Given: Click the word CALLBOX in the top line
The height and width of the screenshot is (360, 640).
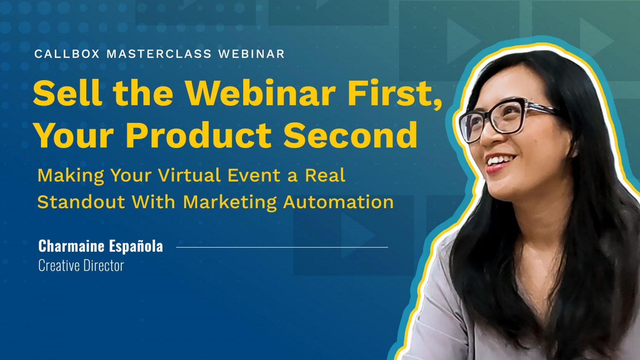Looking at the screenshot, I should [67, 54].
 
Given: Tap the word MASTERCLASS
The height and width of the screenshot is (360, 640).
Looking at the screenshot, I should [159, 54].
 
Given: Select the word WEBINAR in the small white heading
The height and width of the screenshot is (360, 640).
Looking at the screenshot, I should [251, 54].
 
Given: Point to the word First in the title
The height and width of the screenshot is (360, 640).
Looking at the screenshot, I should [394, 93].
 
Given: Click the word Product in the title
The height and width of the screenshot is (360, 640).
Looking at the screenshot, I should [198, 135].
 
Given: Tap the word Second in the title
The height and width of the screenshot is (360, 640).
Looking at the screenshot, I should [350, 135].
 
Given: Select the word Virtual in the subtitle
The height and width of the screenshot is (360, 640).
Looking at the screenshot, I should [189, 175].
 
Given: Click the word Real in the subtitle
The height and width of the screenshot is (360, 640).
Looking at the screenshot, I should [325, 175].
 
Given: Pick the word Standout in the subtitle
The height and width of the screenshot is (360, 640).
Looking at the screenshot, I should [81, 202].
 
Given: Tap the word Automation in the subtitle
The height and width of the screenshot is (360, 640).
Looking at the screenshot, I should [338, 202].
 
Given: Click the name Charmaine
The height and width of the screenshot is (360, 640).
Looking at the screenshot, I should [71, 246].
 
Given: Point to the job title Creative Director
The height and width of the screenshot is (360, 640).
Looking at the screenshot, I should [81, 266].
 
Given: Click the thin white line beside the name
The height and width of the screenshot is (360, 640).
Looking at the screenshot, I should [282, 247].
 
